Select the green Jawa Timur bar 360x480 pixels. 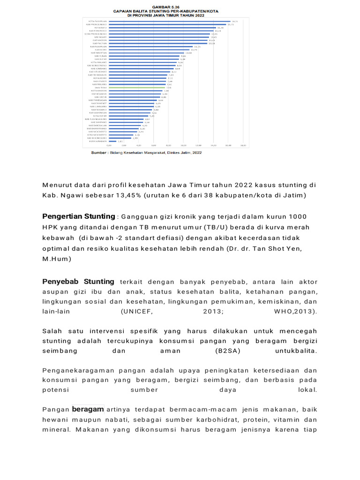point(136,87)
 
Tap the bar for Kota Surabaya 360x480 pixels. point(112,141)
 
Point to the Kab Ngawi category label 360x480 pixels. point(100,37)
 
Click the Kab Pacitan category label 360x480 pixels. point(100,43)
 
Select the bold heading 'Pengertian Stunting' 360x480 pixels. point(78,216)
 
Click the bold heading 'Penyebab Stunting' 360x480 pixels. point(78,282)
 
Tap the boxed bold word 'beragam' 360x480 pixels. point(88,409)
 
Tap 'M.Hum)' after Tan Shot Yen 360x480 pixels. point(57,258)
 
